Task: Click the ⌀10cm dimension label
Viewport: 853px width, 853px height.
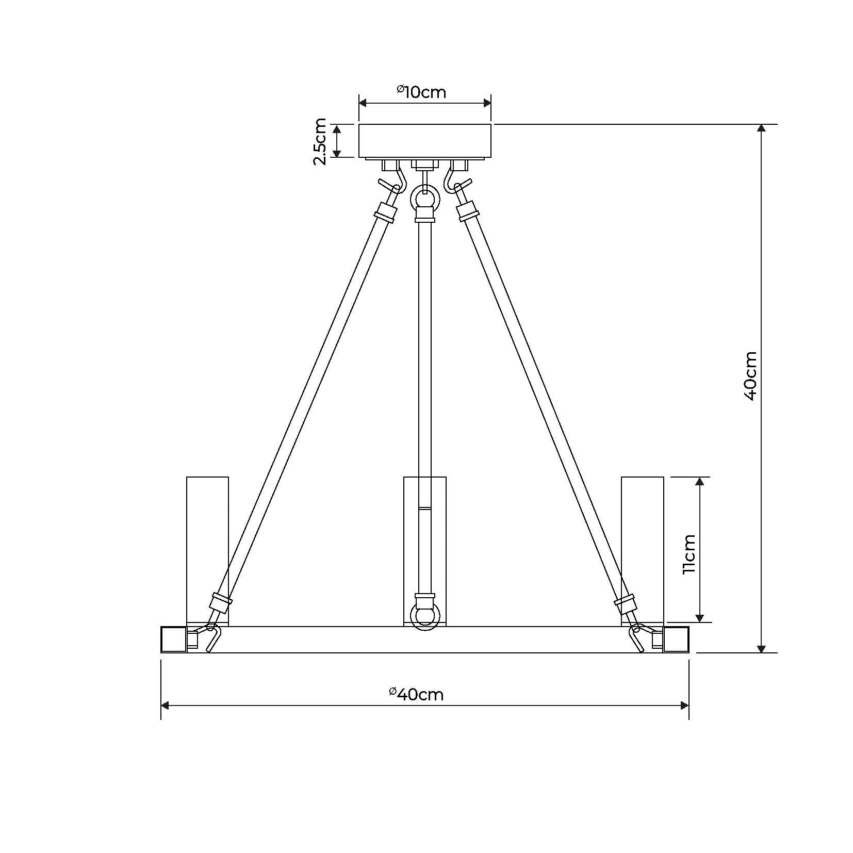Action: tap(421, 92)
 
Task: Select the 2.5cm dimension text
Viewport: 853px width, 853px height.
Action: tap(320, 141)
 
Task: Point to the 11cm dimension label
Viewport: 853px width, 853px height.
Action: tap(689, 554)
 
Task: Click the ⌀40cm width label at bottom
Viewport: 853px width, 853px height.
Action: tap(416, 694)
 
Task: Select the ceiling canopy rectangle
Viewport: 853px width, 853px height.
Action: tap(424, 140)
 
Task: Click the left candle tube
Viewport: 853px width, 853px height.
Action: tap(207, 551)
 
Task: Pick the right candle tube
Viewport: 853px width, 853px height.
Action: tap(642, 551)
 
